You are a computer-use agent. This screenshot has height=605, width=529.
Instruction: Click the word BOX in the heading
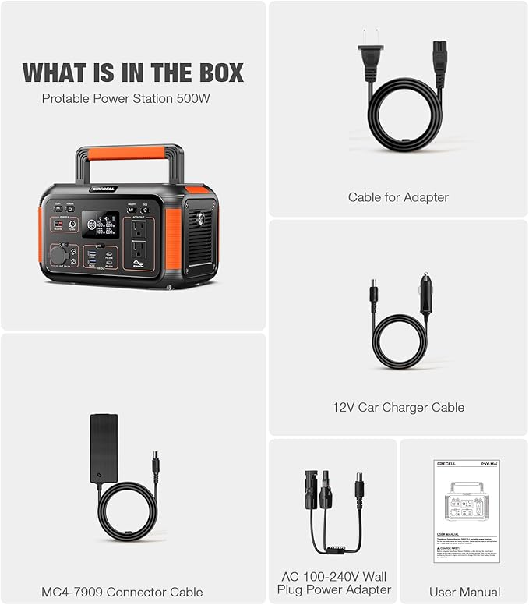(215, 73)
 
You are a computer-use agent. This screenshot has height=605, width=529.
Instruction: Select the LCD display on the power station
(101, 225)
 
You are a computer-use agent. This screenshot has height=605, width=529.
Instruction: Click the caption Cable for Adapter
(398, 197)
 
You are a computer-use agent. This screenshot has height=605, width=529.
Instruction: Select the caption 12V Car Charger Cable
(398, 407)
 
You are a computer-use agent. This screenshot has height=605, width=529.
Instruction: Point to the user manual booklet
(464, 511)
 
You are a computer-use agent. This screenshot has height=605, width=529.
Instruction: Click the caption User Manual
(464, 592)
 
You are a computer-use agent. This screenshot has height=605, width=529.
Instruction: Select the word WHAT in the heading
(55, 73)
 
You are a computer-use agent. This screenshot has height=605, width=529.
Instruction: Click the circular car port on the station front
(59, 256)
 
